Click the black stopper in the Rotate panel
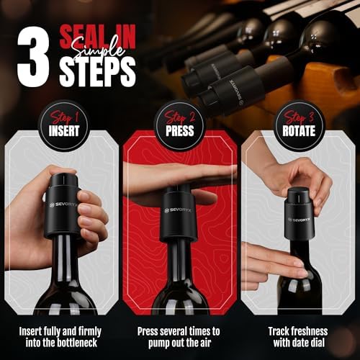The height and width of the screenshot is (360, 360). click(296, 209)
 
